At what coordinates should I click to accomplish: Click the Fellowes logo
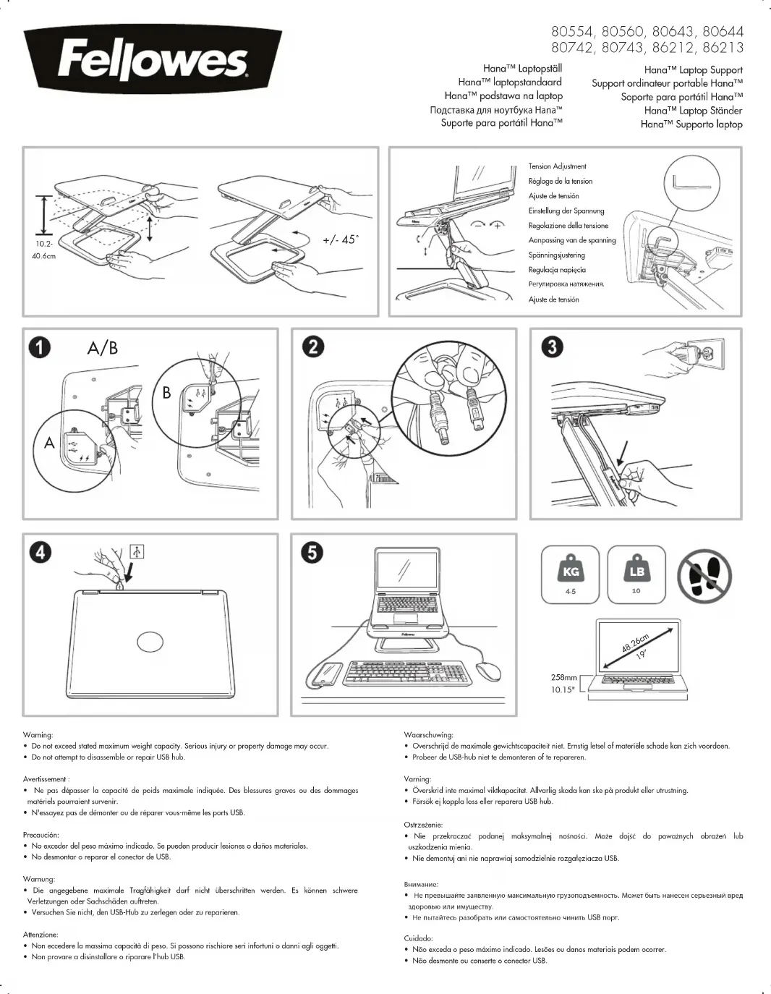pyautogui.click(x=152, y=61)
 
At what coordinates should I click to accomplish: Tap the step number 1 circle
pyautogui.click(x=40, y=348)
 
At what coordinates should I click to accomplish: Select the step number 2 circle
pyautogui.click(x=313, y=347)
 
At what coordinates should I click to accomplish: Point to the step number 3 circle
pyautogui.click(x=552, y=347)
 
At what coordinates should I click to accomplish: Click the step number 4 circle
pyautogui.click(x=40, y=553)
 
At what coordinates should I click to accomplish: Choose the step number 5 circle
pyautogui.click(x=312, y=553)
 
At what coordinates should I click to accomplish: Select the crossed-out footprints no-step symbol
pyautogui.click(x=704, y=576)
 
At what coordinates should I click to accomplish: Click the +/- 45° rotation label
pyautogui.click(x=340, y=239)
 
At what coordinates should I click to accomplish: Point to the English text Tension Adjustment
pyautogui.click(x=557, y=166)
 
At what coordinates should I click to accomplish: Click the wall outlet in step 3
pyautogui.click(x=704, y=354)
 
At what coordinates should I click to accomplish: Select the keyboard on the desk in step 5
pyautogui.click(x=407, y=673)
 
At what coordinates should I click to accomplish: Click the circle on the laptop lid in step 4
pyautogui.click(x=150, y=642)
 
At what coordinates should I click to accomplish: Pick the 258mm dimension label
pyautogui.click(x=563, y=678)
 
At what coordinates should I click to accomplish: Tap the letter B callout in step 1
pyautogui.click(x=166, y=392)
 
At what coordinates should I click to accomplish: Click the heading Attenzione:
pyautogui.click(x=41, y=935)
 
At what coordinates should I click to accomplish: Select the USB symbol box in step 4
pyautogui.click(x=137, y=552)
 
